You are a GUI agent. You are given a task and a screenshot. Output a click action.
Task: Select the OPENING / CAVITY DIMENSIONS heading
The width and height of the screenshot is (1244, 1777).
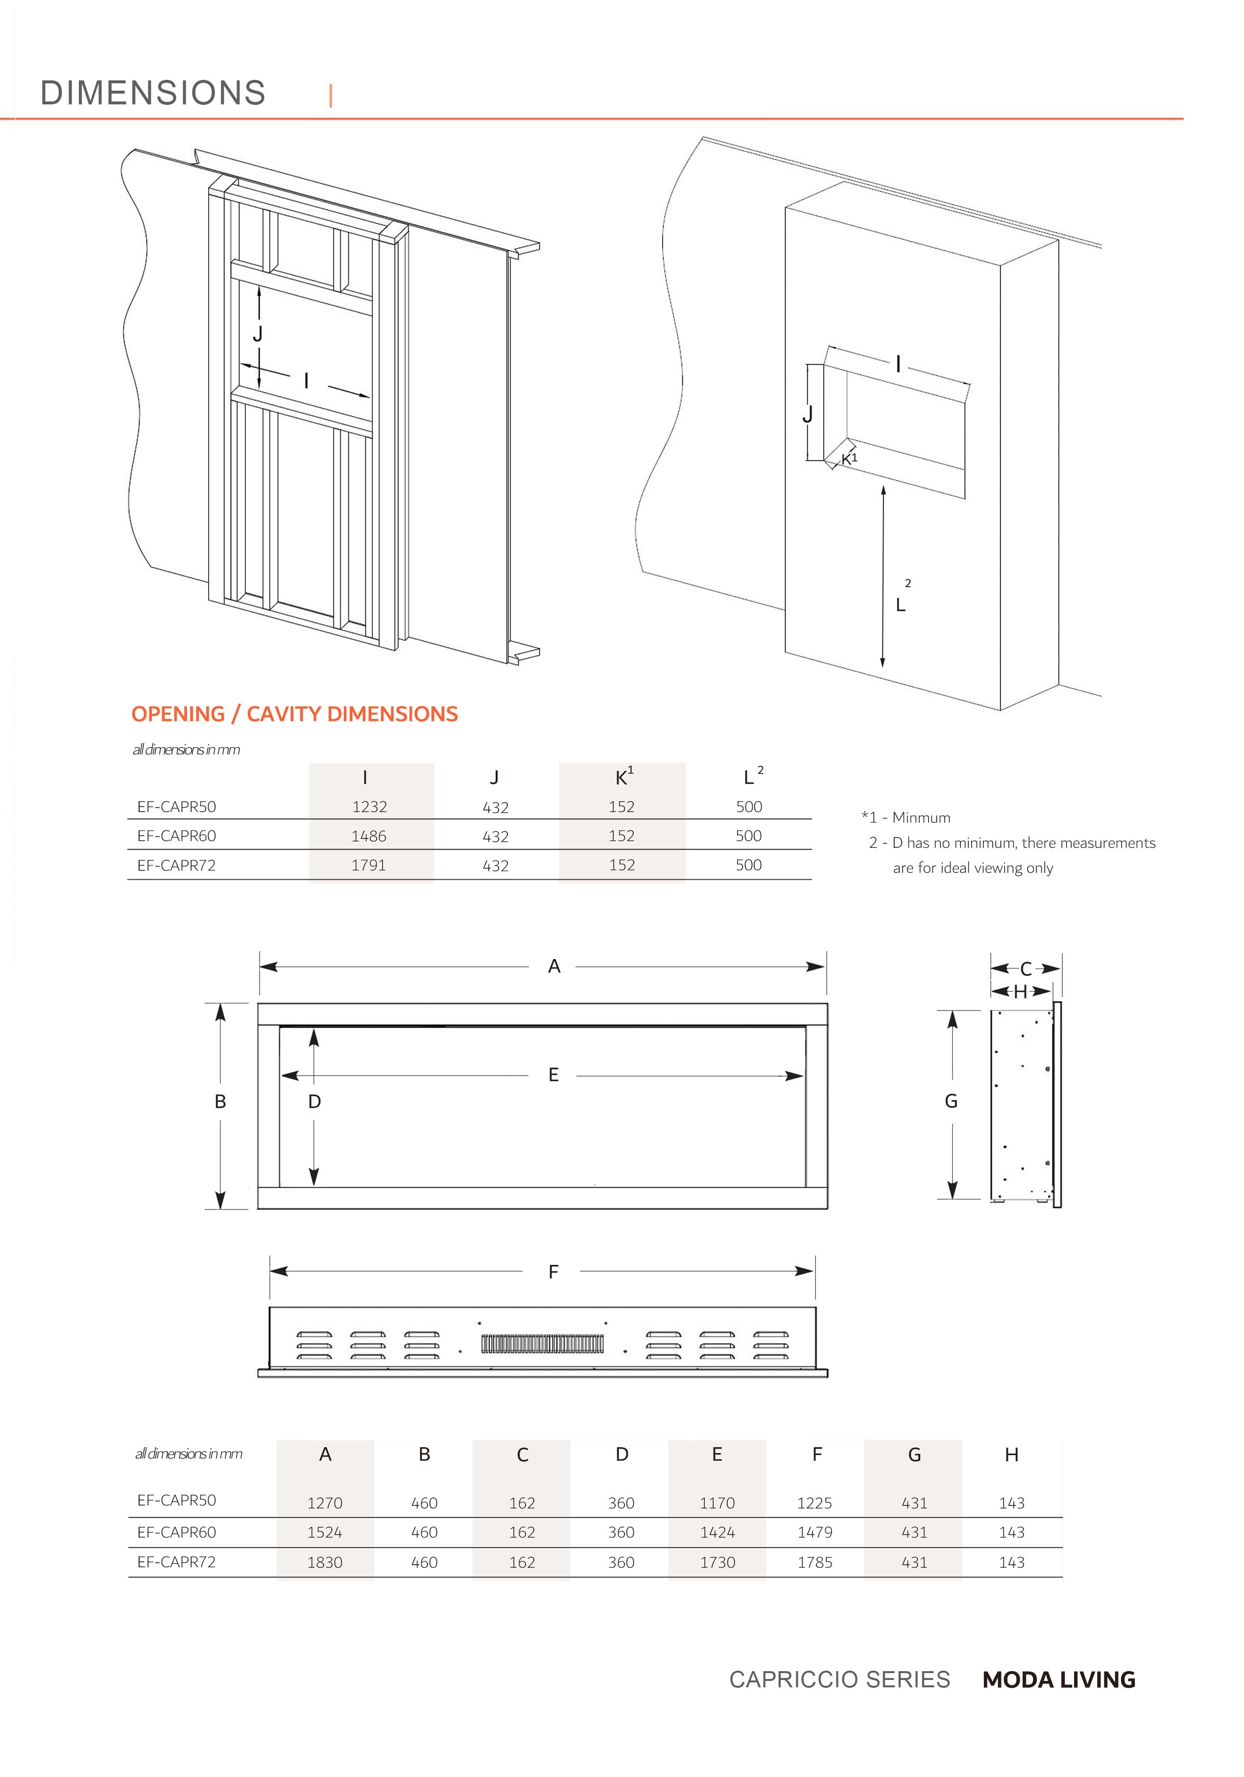tap(294, 714)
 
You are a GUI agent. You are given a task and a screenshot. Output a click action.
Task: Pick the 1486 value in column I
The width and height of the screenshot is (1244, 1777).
tap(368, 836)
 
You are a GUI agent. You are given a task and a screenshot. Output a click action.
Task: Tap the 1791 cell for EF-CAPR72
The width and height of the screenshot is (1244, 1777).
tap(368, 865)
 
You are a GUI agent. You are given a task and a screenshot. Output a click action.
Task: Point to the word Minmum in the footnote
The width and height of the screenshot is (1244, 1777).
tap(921, 817)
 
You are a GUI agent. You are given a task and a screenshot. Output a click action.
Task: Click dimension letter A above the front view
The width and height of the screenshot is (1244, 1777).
tap(554, 966)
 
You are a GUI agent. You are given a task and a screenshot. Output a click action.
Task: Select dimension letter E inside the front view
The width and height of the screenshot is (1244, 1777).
tap(553, 1074)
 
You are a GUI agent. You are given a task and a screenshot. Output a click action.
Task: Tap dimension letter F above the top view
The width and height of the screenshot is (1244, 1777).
tap(553, 1272)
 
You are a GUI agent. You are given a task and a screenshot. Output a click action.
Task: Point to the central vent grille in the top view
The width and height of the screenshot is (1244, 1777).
tap(542, 1344)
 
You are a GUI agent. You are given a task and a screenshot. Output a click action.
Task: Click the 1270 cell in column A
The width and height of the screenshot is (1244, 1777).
tap(324, 1503)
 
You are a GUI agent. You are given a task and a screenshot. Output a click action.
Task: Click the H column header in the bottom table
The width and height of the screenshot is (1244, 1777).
tap(1011, 1455)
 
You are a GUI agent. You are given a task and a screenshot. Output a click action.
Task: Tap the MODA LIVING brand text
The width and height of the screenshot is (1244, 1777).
tap(1058, 1680)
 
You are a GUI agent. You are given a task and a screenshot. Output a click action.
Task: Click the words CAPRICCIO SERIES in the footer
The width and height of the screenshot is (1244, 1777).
tap(839, 1680)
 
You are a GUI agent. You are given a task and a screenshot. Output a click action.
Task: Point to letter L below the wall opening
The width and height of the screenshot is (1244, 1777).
tap(901, 605)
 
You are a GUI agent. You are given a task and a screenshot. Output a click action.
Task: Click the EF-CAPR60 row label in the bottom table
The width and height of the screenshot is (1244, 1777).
tap(176, 1531)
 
